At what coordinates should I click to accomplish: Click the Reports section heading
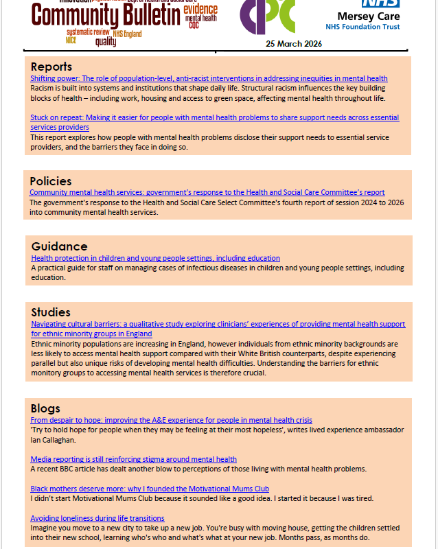point(51,67)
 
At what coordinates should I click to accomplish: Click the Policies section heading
point(50,181)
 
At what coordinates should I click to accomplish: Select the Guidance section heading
point(60,246)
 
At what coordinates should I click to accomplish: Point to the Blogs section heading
point(45,408)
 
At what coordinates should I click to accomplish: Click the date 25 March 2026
point(294,44)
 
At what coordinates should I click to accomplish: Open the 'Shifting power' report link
point(209,79)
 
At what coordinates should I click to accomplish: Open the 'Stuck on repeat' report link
point(214,118)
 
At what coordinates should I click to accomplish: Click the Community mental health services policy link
point(207,193)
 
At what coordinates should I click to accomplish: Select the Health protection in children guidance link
point(155,258)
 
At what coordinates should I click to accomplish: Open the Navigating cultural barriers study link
point(218,324)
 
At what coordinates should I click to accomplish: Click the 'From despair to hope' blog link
point(171,420)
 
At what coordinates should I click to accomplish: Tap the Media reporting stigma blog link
point(133,459)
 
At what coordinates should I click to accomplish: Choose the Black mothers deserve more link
point(150,489)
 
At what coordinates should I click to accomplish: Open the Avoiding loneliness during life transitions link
point(97,518)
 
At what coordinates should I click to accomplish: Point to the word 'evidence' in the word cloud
point(200,9)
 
